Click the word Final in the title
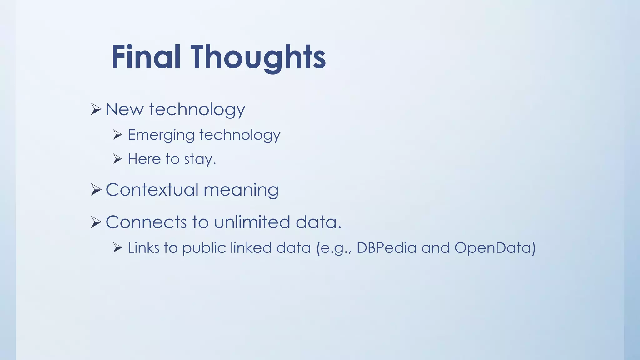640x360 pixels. tap(146, 57)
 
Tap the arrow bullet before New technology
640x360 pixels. tap(96, 109)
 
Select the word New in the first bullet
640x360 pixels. tap(124, 109)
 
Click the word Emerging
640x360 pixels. tap(161, 135)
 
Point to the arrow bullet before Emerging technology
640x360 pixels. tap(117, 135)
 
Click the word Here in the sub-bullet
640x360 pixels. tap(144, 159)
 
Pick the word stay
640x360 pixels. tap(200, 159)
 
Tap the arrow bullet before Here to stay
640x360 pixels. tap(117, 159)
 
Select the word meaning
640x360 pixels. tap(241, 190)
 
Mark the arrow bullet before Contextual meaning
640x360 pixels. tap(96, 190)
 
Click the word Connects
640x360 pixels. tap(146, 222)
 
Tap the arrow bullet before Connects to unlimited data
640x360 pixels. tap(96, 222)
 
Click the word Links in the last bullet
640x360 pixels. tap(144, 248)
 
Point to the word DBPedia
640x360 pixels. tap(387, 248)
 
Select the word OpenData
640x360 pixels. tap(495, 248)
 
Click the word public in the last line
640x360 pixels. tap(204, 248)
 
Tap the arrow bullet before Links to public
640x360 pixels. tap(117, 248)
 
